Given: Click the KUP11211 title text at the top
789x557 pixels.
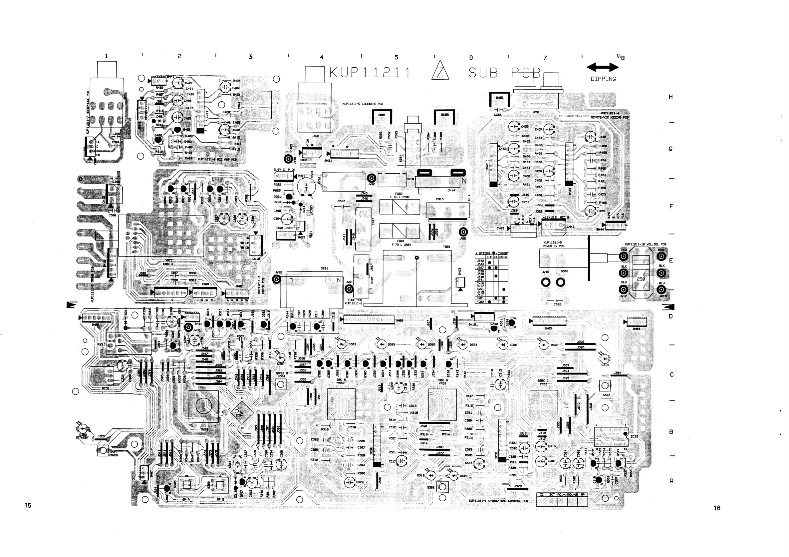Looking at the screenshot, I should [x=370, y=73].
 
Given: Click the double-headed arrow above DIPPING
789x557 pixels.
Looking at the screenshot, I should [x=602, y=67].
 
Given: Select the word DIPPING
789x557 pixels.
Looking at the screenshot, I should [x=603, y=79].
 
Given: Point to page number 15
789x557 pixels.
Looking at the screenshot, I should [x=28, y=505].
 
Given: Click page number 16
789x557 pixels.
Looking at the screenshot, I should [x=717, y=508].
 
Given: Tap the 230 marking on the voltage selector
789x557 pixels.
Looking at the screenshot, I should [x=641, y=279].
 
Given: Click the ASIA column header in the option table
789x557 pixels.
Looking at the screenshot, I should [x=503, y=257].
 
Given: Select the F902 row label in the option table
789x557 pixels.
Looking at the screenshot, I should [x=480, y=301].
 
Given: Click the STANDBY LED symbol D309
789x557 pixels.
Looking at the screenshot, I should [x=83, y=429].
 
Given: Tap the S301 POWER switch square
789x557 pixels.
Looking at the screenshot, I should [x=103, y=450].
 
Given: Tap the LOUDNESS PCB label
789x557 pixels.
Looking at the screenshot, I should [x=363, y=104].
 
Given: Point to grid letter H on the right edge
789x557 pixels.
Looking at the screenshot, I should [x=670, y=97].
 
